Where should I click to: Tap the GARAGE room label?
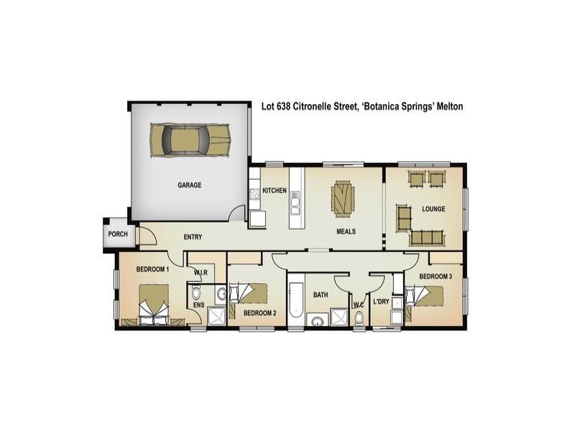click(x=190, y=185)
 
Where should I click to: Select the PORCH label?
click(x=117, y=234)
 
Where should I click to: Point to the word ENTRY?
click(x=193, y=237)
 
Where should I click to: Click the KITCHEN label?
click(x=275, y=190)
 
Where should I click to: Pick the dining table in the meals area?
click(x=343, y=198)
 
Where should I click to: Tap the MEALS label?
click(x=347, y=232)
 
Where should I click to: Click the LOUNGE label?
click(x=433, y=209)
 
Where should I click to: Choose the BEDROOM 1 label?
click(x=152, y=269)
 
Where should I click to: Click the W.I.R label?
click(x=201, y=272)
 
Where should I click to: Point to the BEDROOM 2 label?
click(x=260, y=313)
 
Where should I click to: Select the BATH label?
click(x=321, y=295)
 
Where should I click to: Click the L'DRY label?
click(x=381, y=302)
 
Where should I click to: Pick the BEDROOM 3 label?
click(x=436, y=277)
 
